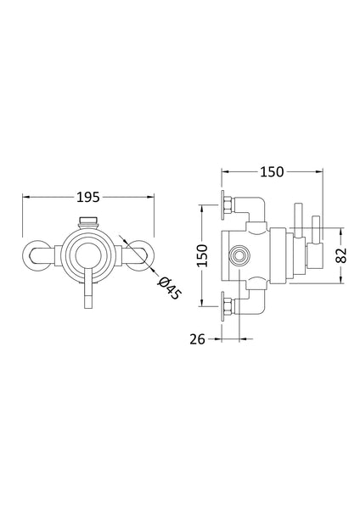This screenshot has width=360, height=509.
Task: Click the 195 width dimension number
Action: click(87, 197)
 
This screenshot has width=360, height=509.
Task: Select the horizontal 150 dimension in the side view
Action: click(272, 172)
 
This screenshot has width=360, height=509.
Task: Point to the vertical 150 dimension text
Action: click(201, 254)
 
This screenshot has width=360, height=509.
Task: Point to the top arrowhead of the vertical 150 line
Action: click(200, 206)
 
